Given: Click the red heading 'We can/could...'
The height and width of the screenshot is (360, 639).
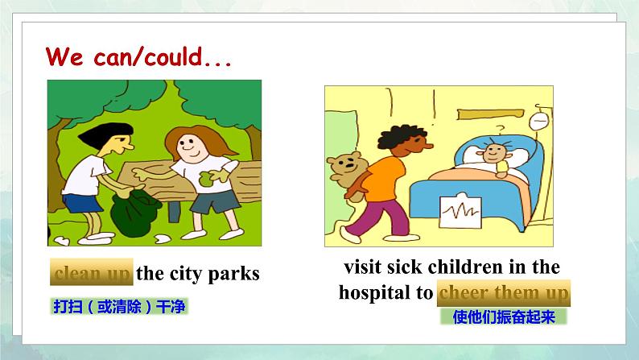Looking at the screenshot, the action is [138, 56].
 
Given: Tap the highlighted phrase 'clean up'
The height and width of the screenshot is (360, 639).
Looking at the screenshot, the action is [92, 273].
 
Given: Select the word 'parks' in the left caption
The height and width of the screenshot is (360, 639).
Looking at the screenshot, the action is [234, 274].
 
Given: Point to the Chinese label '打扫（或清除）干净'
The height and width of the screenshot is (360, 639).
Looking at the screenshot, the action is [119, 306].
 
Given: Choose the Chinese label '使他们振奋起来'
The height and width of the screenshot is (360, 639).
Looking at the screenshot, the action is [504, 317].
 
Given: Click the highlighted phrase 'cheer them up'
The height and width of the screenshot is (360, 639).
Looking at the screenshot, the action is [504, 293].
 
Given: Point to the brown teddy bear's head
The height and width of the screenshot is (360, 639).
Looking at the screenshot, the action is [345, 162].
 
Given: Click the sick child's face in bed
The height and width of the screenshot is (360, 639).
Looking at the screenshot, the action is [494, 153].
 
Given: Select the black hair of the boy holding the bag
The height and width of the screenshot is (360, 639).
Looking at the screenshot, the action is [107, 134].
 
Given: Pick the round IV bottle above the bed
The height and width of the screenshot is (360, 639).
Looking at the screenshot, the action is [538, 122].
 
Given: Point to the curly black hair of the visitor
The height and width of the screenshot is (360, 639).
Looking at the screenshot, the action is [401, 136].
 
